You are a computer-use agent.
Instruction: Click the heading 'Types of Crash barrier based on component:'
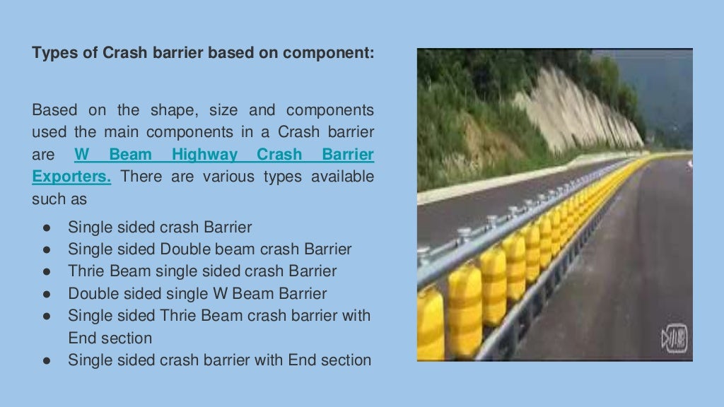tap(203, 53)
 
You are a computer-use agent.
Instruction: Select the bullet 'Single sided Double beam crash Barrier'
tap(209, 249)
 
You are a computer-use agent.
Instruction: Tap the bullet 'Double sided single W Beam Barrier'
tap(197, 293)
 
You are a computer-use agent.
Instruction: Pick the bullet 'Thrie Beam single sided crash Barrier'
tap(202, 271)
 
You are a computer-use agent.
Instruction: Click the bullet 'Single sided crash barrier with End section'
tap(219, 360)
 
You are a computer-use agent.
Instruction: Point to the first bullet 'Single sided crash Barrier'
tap(160, 227)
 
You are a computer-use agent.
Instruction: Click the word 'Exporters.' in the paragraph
tap(71, 177)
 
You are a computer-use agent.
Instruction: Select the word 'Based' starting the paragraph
tap(52, 110)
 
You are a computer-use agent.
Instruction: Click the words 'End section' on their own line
tap(110, 338)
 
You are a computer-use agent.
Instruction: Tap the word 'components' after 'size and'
tap(330, 110)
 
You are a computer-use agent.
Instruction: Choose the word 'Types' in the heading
tap(54, 53)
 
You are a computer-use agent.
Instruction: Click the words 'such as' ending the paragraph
tap(59, 199)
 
